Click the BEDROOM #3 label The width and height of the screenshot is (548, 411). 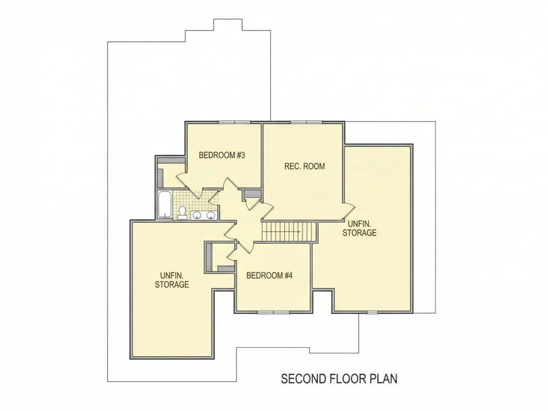click(222, 155)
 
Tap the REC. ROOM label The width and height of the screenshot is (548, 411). click(304, 166)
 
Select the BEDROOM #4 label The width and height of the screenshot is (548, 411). click(270, 276)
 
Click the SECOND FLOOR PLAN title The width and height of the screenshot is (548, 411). click(339, 379)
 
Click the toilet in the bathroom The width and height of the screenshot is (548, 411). click(182, 213)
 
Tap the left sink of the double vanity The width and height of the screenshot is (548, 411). click(197, 215)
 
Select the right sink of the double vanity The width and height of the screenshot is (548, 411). click(211, 215)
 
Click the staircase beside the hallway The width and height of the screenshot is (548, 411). click(289, 232)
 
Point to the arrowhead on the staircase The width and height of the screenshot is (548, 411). click(299, 232)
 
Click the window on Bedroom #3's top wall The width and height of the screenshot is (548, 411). click(235, 122)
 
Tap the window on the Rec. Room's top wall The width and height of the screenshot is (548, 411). click(306, 122)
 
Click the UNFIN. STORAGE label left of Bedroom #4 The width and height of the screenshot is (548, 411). click(172, 280)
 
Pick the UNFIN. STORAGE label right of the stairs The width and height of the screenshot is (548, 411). click(359, 228)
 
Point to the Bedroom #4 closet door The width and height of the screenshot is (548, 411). click(232, 254)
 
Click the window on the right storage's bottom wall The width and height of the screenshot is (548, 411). click(372, 312)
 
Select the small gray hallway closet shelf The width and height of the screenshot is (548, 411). click(253, 194)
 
